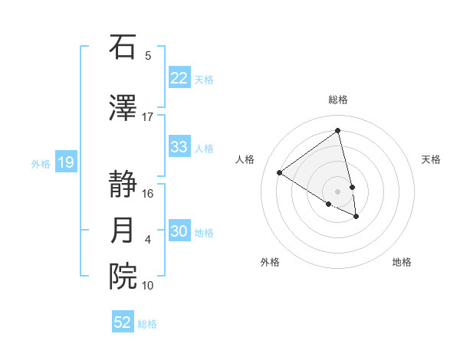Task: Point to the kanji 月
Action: click(123, 231)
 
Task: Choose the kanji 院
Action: click(123, 277)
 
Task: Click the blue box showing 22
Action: click(179, 78)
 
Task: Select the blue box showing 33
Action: click(179, 147)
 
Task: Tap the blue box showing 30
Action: click(179, 231)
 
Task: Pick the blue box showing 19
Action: click(66, 162)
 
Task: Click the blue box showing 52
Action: click(123, 322)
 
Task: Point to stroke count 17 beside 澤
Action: click(147, 116)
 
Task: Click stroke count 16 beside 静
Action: click(147, 193)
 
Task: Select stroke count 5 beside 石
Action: click(147, 55)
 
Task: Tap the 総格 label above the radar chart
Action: click(337, 100)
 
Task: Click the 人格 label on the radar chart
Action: click(245, 159)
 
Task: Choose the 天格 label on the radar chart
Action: click(431, 159)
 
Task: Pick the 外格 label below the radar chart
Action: click(270, 262)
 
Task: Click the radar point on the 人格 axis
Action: click(280, 173)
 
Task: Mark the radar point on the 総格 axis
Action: click(337, 131)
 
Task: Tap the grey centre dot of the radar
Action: click(337, 191)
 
